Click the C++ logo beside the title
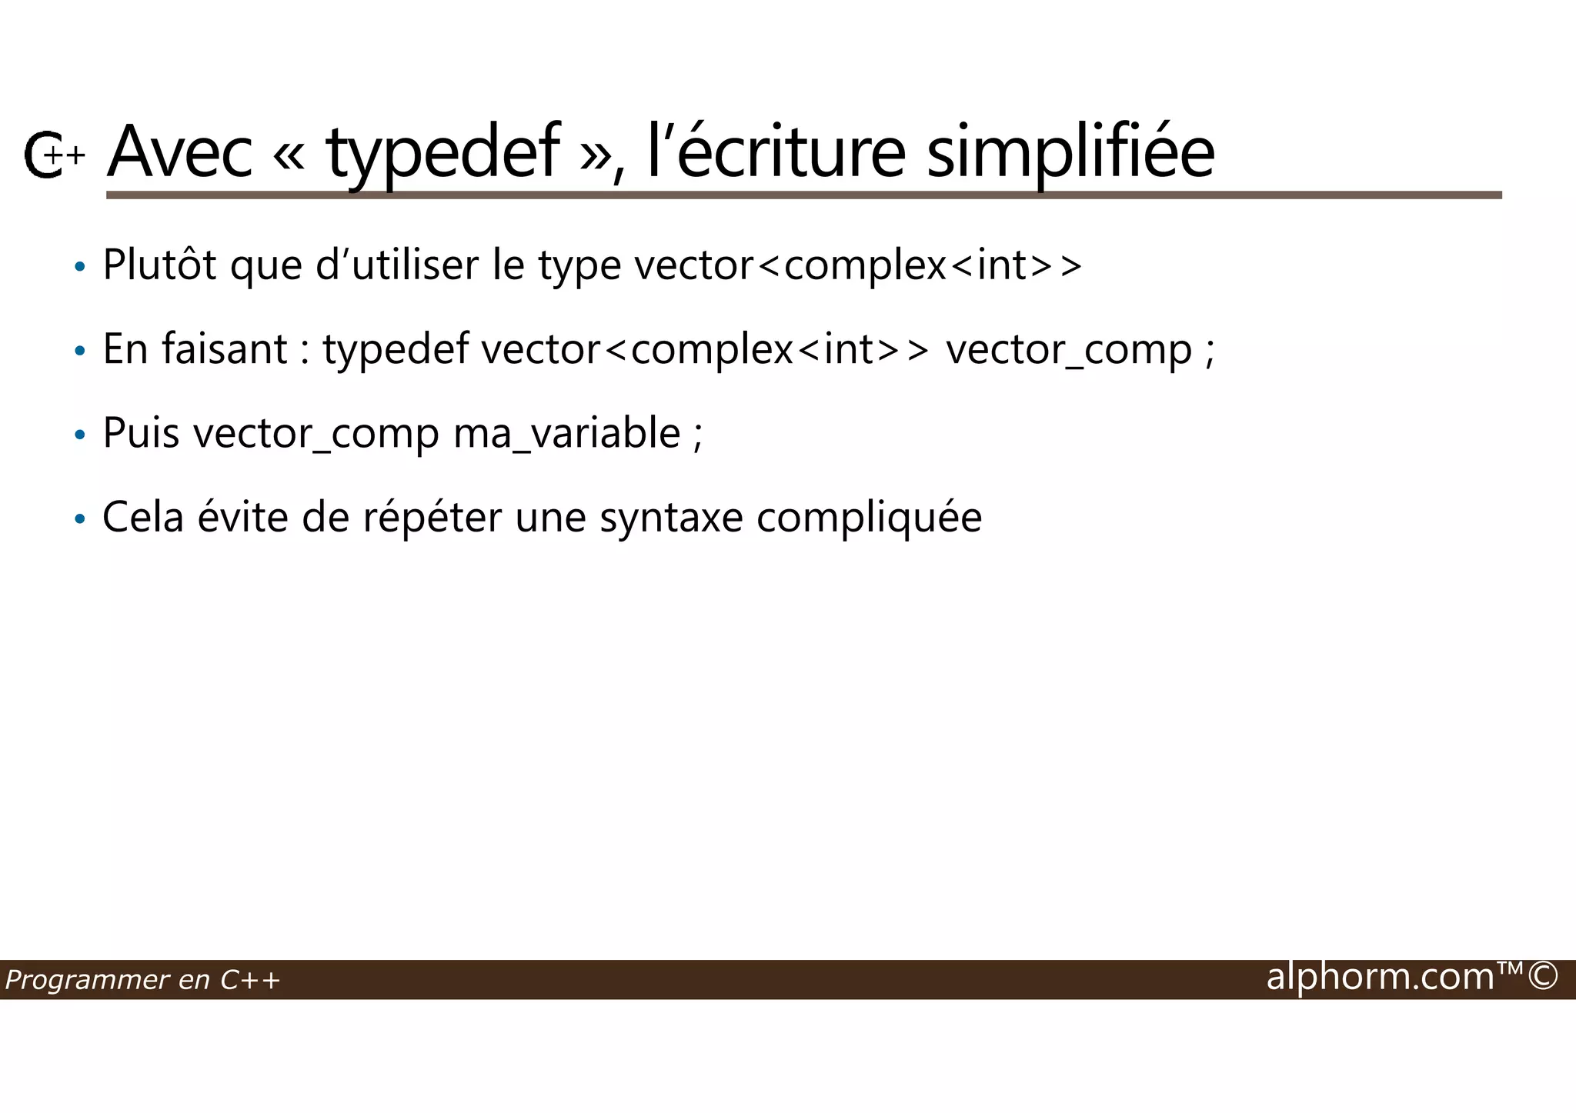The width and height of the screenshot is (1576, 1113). [52, 155]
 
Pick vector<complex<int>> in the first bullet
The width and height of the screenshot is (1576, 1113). [858, 265]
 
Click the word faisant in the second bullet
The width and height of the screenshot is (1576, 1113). [224, 349]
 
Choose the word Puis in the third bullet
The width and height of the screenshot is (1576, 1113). [141, 433]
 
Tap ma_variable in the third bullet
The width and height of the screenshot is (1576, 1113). [566, 433]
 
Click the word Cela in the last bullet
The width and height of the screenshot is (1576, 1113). [143, 517]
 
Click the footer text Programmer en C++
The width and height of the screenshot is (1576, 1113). [142, 980]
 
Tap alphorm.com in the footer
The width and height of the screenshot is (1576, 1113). [1380, 977]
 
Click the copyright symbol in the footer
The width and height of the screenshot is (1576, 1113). [1543, 977]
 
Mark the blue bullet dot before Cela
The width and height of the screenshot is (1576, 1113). [79, 520]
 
